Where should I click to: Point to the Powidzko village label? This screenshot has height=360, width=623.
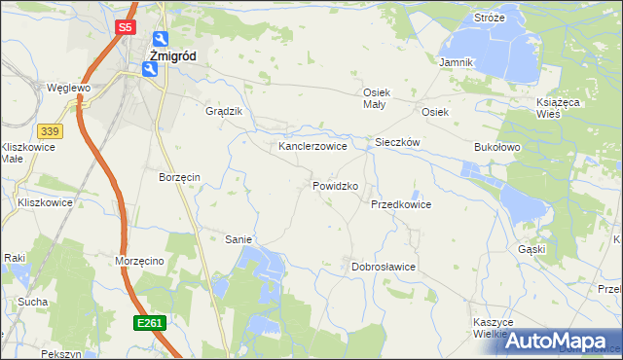336,185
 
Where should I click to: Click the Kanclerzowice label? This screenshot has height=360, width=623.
312,146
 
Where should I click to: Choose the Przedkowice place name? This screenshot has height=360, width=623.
400,204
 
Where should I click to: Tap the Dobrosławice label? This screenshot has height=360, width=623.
384,266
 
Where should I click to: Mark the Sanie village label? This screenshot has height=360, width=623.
239,238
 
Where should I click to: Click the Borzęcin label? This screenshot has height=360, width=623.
179,177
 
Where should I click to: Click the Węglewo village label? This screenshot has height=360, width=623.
68,88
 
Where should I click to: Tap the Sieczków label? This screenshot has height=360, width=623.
397,142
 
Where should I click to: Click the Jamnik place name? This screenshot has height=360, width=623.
456,62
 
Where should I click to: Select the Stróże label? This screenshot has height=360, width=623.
489,18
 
